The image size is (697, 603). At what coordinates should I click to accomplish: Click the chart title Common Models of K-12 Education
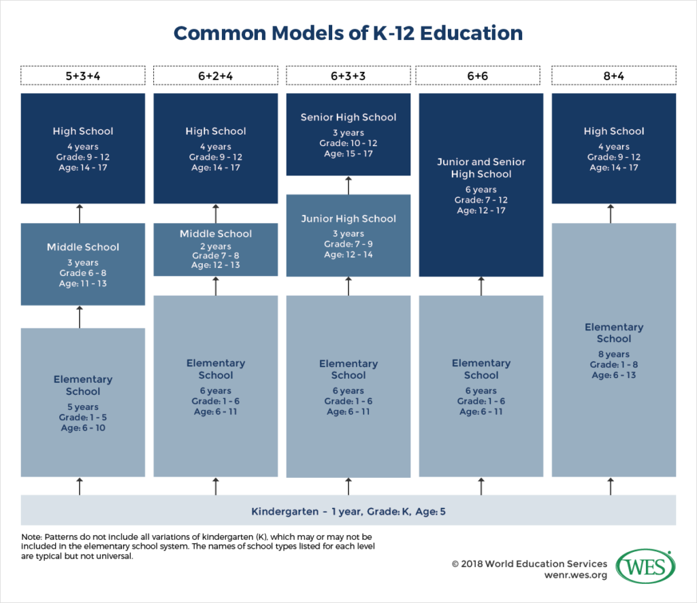348,33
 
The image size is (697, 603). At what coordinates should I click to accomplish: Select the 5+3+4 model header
82,75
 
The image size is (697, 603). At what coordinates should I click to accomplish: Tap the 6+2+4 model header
216,75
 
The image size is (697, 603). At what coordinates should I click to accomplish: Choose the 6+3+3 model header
348,75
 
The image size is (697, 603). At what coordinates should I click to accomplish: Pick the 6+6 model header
478,75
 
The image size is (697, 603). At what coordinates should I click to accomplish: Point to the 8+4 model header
614,75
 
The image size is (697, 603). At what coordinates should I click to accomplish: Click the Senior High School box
348,134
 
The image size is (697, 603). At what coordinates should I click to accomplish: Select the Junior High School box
348,235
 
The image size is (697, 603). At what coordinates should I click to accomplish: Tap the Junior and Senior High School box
481,185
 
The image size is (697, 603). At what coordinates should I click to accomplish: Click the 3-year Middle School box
82,264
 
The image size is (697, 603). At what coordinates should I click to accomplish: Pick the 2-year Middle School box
216,249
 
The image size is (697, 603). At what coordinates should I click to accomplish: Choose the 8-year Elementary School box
614,350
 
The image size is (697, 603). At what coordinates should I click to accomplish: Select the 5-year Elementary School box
82,402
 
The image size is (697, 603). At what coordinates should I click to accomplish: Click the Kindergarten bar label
348,511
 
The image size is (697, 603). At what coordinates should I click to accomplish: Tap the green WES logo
645,567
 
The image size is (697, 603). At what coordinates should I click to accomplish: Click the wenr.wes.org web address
576,575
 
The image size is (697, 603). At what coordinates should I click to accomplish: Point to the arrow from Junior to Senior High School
348,185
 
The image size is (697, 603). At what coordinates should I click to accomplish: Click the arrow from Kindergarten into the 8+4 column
611,486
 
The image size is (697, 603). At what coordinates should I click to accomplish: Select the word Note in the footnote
31,537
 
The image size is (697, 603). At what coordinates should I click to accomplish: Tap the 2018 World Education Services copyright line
529,564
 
